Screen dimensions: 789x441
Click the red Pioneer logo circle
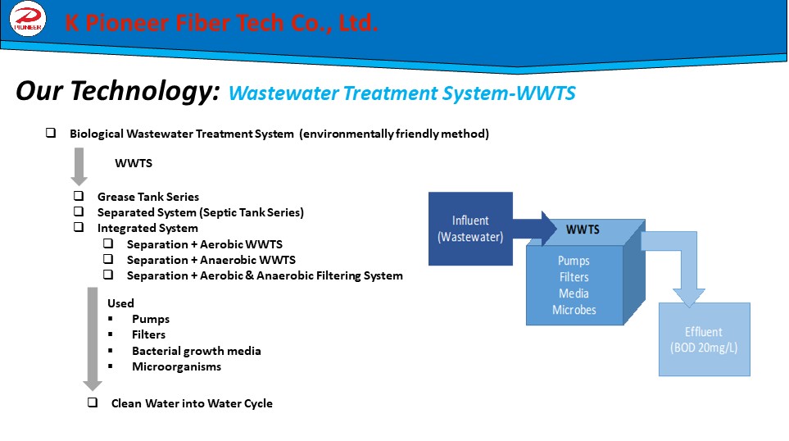(28, 19)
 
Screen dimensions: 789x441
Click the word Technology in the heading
(144, 91)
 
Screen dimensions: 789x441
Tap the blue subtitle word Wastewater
(283, 93)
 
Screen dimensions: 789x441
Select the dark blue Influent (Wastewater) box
(470, 229)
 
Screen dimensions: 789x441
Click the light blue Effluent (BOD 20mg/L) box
(704, 339)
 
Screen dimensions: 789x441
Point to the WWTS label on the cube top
(583, 230)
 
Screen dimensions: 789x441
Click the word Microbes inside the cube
(574, 310)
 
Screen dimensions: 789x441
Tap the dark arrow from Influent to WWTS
(534, 229)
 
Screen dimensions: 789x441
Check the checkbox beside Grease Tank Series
(79, 196)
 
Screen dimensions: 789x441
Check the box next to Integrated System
(79, 227)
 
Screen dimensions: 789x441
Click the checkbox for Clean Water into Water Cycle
(93, 402)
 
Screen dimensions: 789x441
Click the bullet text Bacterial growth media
(197, 351)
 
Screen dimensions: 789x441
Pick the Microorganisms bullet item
(177, 366)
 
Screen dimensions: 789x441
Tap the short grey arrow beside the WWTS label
(79, 166)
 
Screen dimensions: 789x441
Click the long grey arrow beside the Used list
(93, 339)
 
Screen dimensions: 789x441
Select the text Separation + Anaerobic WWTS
(211, 260)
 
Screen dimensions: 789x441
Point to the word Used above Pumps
(120, 303)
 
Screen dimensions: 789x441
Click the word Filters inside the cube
(574, 277)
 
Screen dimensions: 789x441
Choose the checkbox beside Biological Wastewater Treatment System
(51, 133)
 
